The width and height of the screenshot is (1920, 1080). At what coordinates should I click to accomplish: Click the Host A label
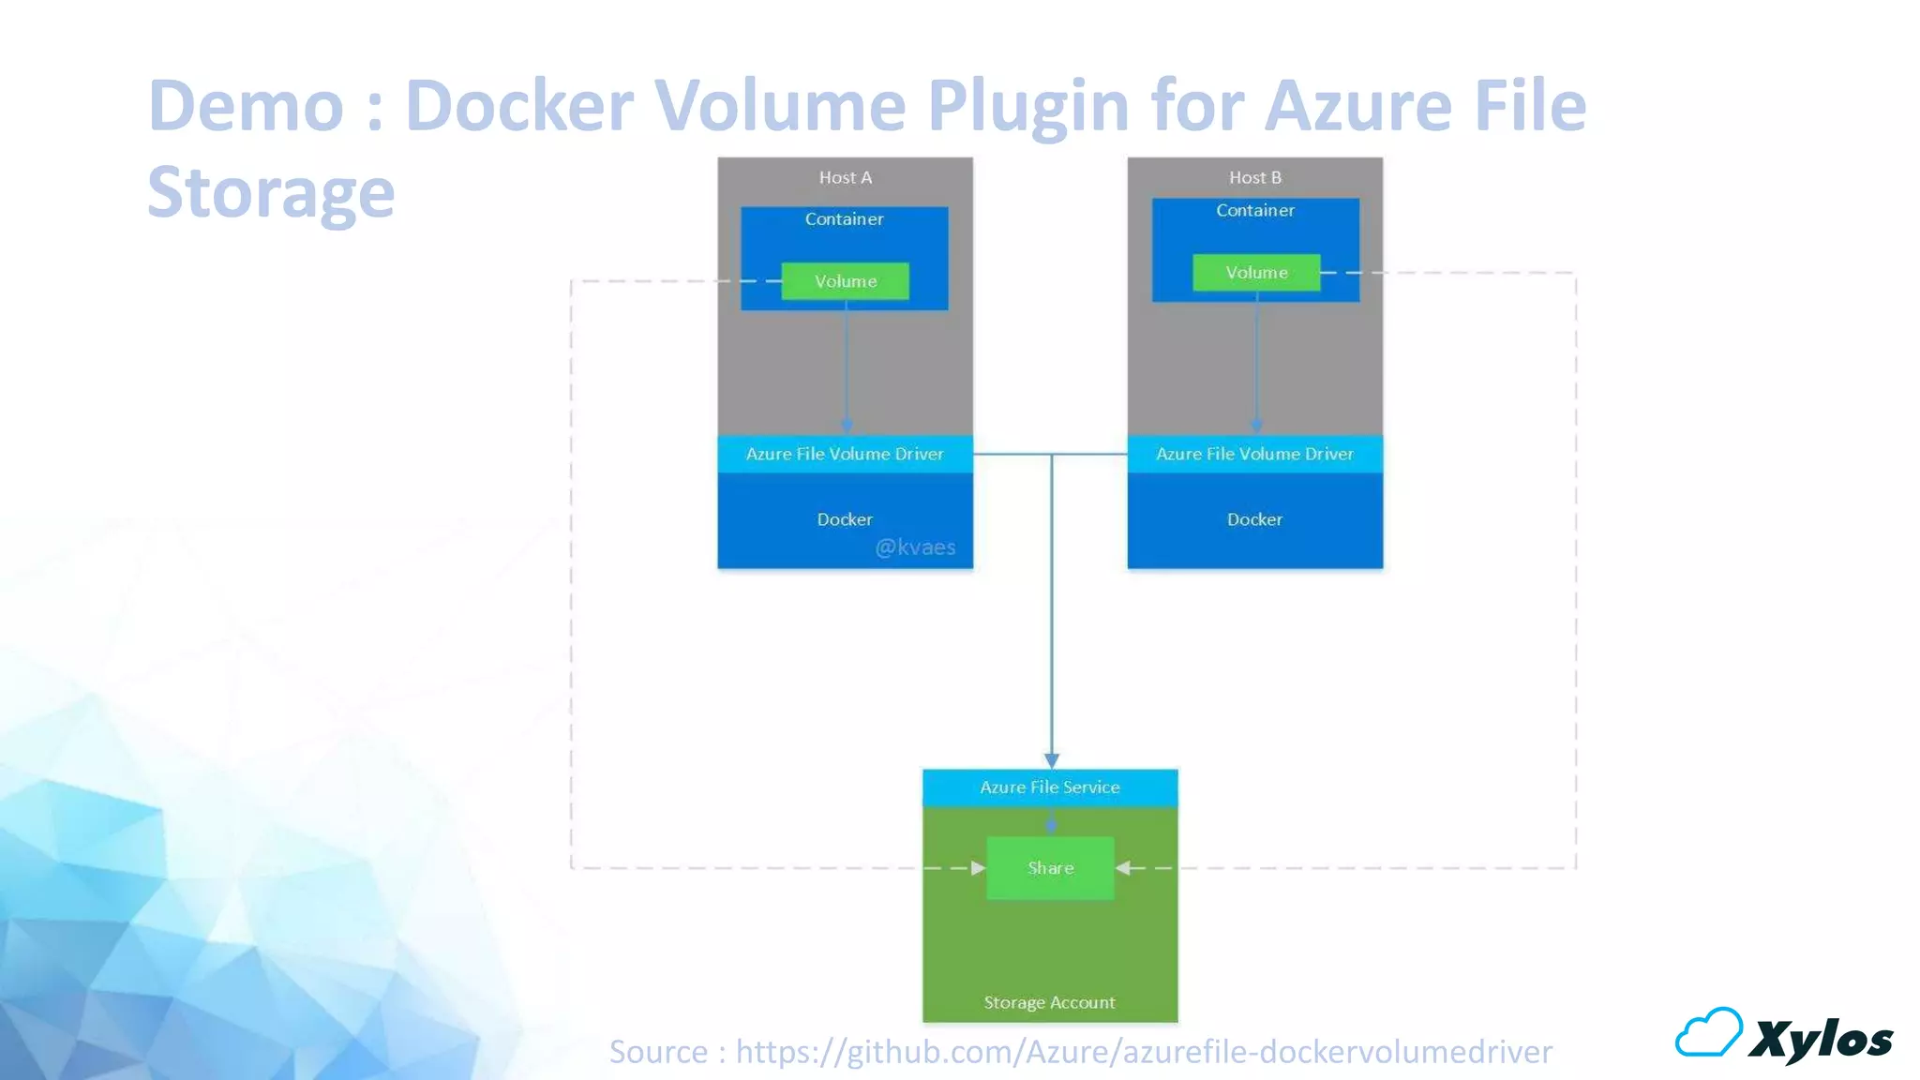click(x=845, y=177)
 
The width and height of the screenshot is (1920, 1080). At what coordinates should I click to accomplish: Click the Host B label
click(x=1254, y=177)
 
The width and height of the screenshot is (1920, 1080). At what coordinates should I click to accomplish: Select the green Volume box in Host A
click(x=845, y=281)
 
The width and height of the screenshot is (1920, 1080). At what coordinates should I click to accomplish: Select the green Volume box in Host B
click(x=1256, y=273)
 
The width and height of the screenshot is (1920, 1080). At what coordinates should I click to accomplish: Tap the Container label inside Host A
click(x=844, y=219)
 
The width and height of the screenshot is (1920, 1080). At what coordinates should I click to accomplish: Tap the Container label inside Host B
click(x=1254, y=211)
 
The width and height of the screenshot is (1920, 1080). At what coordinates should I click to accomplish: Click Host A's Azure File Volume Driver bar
click(x=845, y=454)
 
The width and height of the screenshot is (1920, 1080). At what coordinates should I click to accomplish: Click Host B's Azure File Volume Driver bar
click(x=1254, y=454)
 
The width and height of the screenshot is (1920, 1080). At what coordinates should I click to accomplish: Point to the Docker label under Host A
click(x=845, y=519)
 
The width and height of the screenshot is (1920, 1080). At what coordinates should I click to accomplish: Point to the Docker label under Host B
click(x=1254, y=519)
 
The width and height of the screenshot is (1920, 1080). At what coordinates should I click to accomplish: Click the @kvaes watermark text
click(x=915, y=547)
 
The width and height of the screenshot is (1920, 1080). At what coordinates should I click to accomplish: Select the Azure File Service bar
click(x=1050, y=787)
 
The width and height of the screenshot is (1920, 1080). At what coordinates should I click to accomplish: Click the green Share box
click(x=1050, y=868)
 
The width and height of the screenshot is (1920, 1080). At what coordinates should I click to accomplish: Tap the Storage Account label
click(x=1049, y=1002)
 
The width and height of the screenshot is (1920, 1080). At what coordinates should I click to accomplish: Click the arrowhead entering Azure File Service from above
click(x=1052, y=760)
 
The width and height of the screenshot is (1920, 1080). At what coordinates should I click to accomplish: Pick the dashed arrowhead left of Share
click(x=978, y=868)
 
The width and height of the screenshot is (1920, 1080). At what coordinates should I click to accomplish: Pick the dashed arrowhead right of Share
click(x=1123, y=868)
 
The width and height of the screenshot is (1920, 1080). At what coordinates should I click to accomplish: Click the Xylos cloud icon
click(x=1708, y=1033)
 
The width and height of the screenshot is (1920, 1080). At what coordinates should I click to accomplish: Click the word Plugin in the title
click(x=1027, y=105)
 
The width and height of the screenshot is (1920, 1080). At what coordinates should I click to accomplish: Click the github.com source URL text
click(x=1144, y=1052)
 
